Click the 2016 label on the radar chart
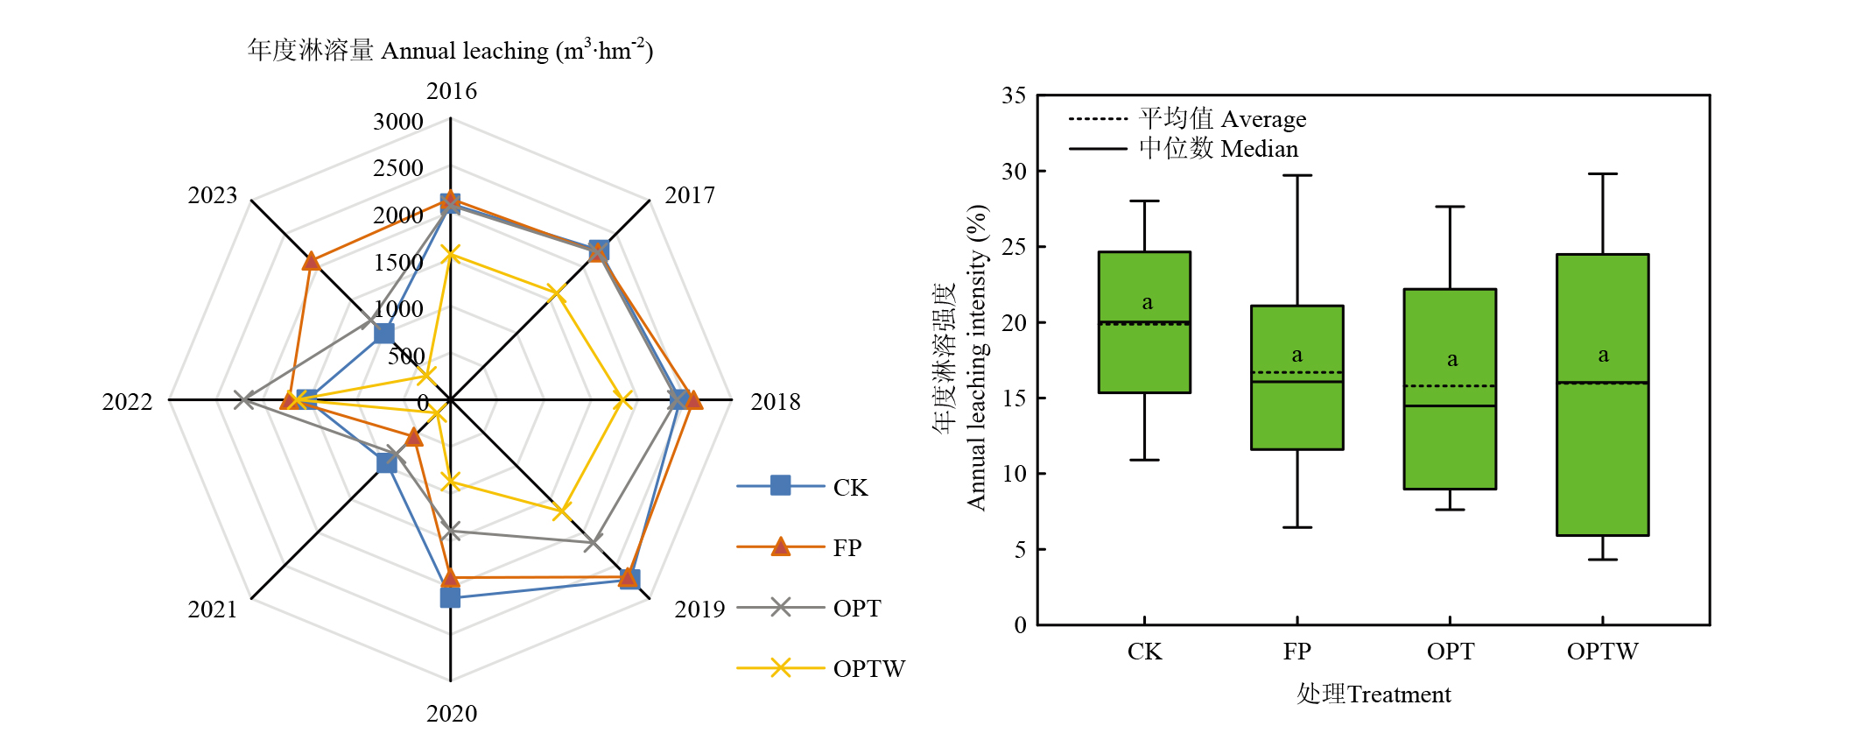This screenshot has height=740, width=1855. point(452,91)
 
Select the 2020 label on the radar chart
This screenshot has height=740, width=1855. point(452,714)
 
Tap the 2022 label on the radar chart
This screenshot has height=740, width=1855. point(127,402)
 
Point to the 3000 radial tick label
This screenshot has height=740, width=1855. point(398,122)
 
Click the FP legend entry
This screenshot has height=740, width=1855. point(847,548)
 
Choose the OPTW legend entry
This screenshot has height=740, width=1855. point(868,669)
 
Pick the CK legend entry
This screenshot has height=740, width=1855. point(849,488)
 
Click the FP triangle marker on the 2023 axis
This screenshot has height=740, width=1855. point(311,261)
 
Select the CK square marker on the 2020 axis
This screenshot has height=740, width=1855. point(450,598)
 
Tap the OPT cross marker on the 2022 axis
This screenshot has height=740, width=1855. point(244,400)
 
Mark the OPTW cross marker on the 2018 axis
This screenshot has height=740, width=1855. point(622,400)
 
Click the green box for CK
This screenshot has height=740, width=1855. point(1144,322)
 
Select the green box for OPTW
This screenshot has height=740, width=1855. point(1602,395)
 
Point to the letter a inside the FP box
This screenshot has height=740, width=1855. point(1296,355)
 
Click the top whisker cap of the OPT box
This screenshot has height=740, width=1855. point(1450,207)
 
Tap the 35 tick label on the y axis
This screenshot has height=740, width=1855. point(1014,95)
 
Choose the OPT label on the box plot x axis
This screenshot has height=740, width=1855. point(1450,652)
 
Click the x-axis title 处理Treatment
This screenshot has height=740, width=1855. point(1374,694)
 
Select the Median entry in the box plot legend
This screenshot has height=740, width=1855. point(1218,149)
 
